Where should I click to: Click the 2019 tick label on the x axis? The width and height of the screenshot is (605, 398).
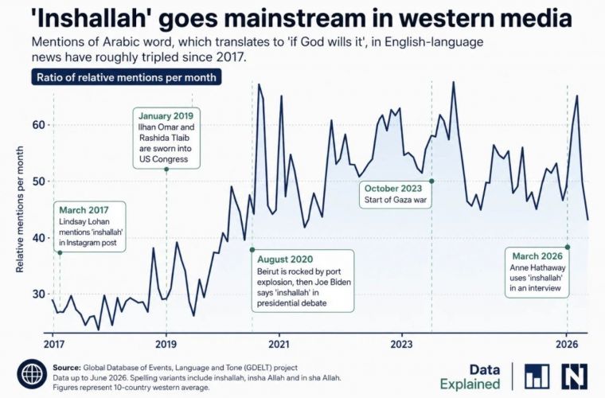click(x=166, y=345)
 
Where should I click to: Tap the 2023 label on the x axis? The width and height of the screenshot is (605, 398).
click(x=401, y=345)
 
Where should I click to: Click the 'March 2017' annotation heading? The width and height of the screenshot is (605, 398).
click(x=84, y=210)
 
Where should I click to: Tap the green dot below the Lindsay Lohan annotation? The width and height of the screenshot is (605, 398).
click(x=60, y=252)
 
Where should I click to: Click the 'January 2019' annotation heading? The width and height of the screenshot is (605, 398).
click(x=166, y=115)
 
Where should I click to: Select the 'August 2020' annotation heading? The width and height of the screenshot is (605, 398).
click(x=285, y=259)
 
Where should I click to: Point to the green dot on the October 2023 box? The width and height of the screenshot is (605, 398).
click(x=431, y=181)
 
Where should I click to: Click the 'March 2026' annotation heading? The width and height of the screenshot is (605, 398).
click(x=537, y=256)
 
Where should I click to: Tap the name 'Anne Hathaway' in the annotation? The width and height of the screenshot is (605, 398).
click(x=537, y=267)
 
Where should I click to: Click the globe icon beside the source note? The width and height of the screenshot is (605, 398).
click(x=32, y=374)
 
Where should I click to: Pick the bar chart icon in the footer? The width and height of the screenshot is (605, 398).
click(x=537, y=377)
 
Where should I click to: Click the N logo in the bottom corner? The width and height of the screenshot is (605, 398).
click(x=575, y=377)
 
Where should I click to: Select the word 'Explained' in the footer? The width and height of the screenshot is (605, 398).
click(x=470, y=384)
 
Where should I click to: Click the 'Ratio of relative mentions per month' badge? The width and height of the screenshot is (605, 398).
click(x=127, y=77)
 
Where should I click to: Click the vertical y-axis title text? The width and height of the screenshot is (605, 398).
click(x=20, y=209)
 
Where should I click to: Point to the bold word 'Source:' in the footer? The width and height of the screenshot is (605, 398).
click(x=67, y=368)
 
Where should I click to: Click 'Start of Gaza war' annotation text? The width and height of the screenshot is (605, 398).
click(x=396, y=200)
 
